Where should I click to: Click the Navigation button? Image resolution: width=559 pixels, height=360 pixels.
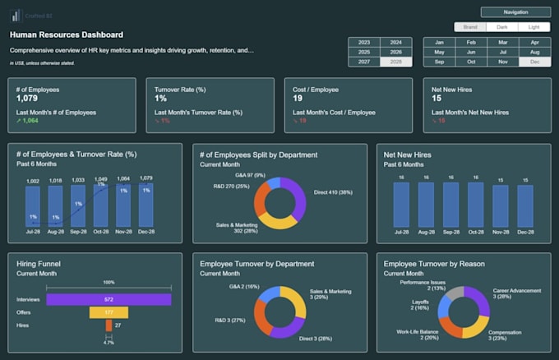pyautogui.click(x=515, y=12)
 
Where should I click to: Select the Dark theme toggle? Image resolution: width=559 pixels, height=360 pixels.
pyautogui.click(x=501, y=27)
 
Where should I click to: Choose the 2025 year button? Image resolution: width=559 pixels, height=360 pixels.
pyautogui.click(x=364, y=52)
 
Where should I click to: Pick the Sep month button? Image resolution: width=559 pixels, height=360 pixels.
pyautogui.click(x=439, y=62)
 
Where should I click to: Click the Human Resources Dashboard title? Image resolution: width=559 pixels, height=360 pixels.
pyautogui.click(x=67, y=35)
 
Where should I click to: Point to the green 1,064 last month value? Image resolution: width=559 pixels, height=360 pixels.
pyautogui.click(x=27, y=121)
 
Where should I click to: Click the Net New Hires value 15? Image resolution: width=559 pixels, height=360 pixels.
pyautogui.click(x=437, y=99)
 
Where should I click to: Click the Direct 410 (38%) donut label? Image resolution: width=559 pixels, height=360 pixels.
pyautogui.click(x=332, y=192)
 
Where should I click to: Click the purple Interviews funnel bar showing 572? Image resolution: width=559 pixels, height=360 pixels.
pyautogui.click(x=109, y=299)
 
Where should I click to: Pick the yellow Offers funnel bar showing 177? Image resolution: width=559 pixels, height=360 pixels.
pyautogui.click(x=109, y=312)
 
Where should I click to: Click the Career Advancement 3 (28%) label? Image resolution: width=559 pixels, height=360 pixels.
pyautogui.click(x=517, y=294)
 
